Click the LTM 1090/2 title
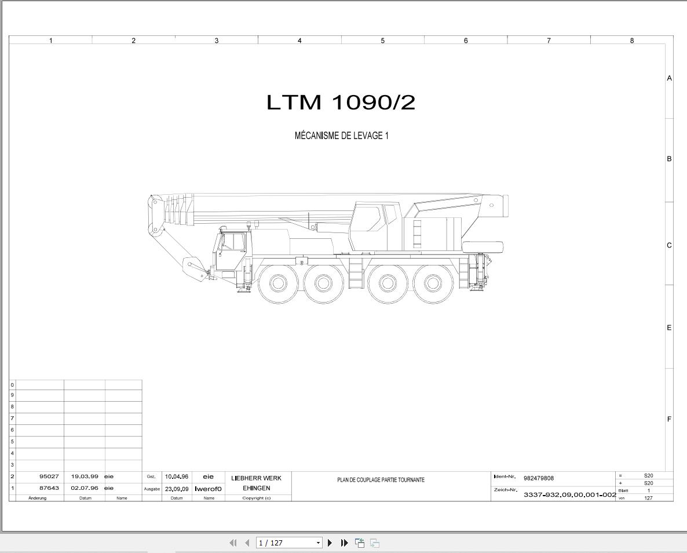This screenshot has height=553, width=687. click(x=341, y=102)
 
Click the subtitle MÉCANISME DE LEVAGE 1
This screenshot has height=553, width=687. click(x=341, y=136)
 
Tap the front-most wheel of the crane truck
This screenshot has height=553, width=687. click(x=278, y=283)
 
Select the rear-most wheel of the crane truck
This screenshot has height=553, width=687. click(x=433, y=283)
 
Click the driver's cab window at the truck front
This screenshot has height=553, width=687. click(x=233, y=242)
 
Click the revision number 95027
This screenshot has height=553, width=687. click(x=49, y=476)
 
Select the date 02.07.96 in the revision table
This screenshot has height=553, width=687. click(x=85, y=487)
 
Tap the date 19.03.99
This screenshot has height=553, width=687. click(x=85, y=476)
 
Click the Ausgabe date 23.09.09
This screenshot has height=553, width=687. click(x=177, y=489)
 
